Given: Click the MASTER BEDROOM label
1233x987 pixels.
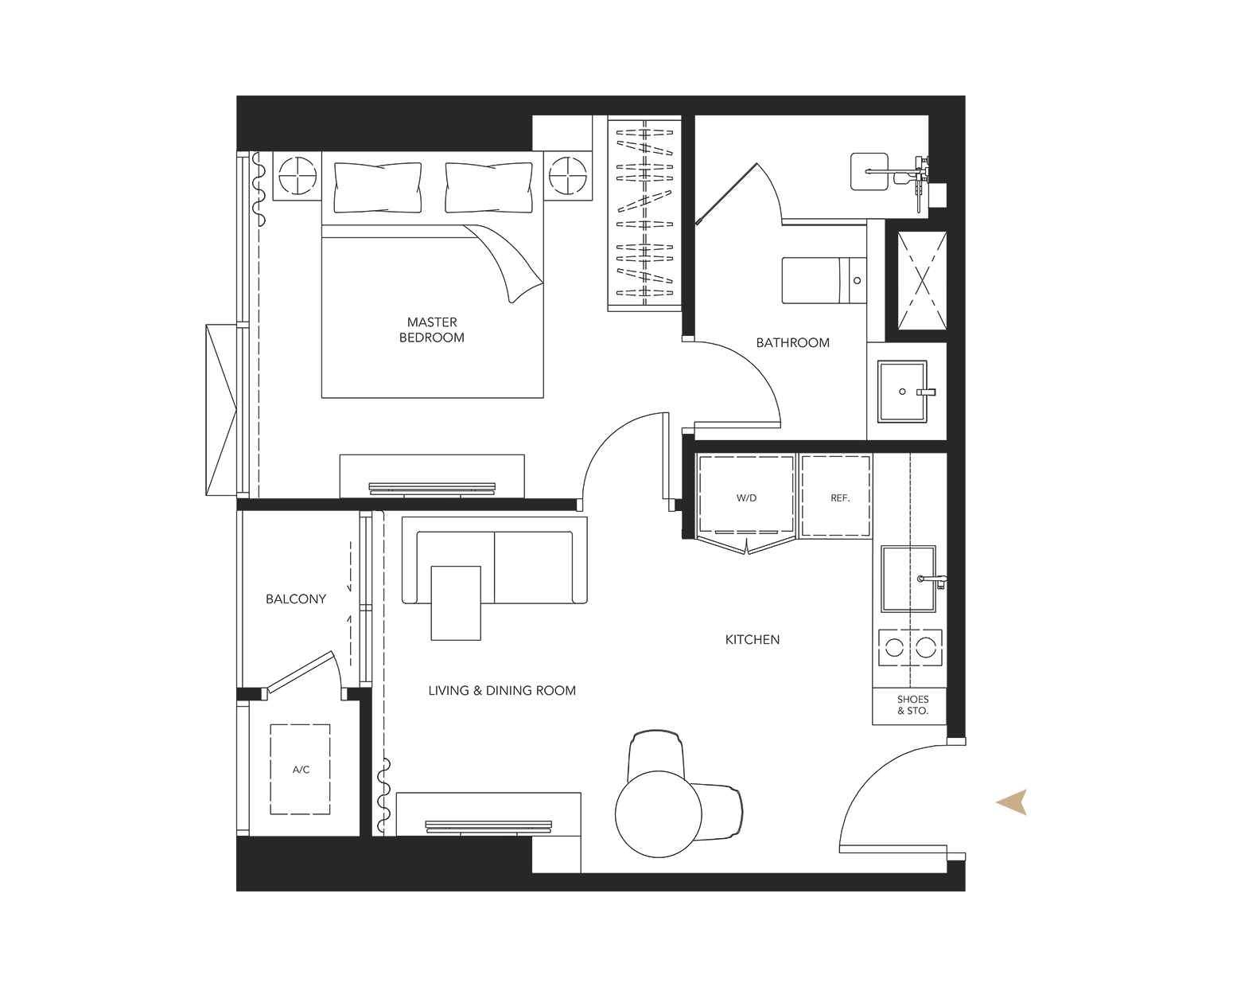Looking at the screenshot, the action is (431, 330).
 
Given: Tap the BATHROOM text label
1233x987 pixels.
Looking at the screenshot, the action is (792, 343).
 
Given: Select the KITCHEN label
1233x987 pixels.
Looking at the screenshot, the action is (753, 639).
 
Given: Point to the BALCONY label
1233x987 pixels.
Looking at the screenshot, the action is (296, 599).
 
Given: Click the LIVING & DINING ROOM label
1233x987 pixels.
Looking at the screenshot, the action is (502, 690).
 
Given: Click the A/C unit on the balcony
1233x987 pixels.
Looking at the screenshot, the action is (300, 769).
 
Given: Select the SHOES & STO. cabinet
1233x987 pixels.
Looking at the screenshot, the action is (908, 706).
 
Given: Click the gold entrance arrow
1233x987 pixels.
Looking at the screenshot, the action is (1013, 802).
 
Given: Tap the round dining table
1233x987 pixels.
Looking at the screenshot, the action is (659, 813).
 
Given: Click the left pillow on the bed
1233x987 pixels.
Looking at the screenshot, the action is (378, 188).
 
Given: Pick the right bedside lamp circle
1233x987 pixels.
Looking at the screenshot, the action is (568, 175).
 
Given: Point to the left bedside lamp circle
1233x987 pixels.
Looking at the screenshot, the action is (298, 175).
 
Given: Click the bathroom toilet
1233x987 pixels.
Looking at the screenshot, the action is (824, 280).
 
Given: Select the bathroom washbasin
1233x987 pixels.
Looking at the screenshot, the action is (902, 392).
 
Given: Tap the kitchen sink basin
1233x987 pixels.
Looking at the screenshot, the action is (908, 579).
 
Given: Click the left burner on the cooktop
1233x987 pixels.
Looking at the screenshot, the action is (894, 647).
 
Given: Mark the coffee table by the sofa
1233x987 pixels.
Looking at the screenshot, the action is (456, 603).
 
